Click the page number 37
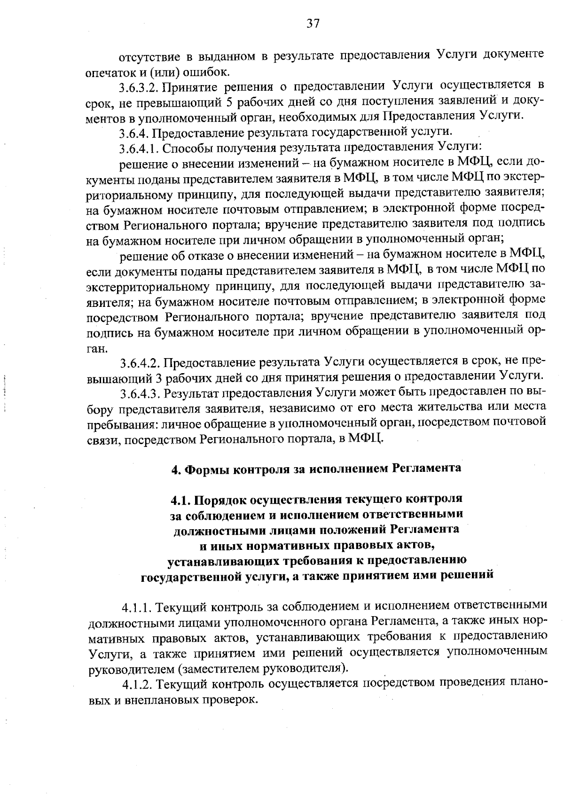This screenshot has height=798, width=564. click(x=313, y=24)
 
